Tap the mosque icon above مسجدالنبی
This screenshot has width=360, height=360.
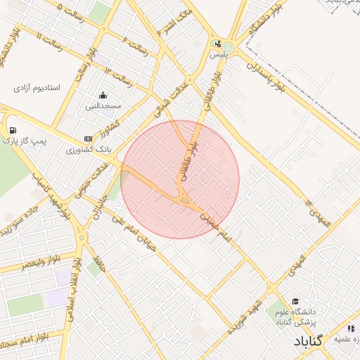(103, 96)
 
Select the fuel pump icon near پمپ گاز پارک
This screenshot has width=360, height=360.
(13, 130)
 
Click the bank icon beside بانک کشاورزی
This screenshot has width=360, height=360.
(88, 139)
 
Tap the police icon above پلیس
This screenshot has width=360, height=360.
(218, 43)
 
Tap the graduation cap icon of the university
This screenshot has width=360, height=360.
(294, 301)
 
